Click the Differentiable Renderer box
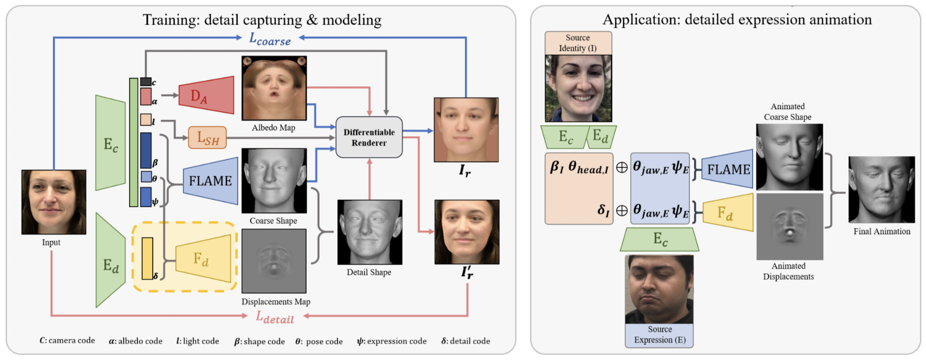click(369, 137)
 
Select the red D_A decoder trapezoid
click(206, 95)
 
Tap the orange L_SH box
click(207, 137)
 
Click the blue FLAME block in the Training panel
click(210, 181)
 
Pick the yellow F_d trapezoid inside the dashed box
click(203, 258)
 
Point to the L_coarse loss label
click(270, 39)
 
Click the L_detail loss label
click(275, 318)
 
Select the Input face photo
click(54, 202)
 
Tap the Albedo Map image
click(274, 88)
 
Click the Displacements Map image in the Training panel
click(274, 261)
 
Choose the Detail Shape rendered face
click(370, 232)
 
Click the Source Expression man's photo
click(659, 289)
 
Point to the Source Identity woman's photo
click(578, 88)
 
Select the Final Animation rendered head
click(882, 189)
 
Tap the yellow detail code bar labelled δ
click(147, 258)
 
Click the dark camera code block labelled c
click(146, 82)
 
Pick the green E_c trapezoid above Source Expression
click(660, 239)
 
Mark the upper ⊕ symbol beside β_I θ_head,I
click(622, 168)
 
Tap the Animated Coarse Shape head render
click(790, 157)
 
